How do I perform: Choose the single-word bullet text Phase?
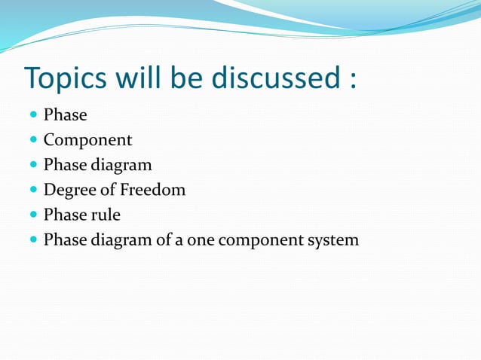tap(65, 115)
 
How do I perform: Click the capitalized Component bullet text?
tap(87, 140)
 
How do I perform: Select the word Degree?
tap(69, 191)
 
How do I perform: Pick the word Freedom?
tap(153, 190)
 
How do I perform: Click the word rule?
tap(106, 215)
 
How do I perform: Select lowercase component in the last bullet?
tap(259, 240)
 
